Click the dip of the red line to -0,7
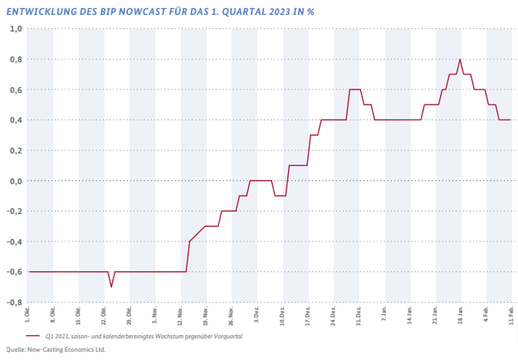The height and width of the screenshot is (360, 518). [x=111, y=287]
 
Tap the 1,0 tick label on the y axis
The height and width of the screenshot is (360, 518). [x=16, y=29]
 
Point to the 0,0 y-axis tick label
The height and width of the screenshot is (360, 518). [x=16, y=181]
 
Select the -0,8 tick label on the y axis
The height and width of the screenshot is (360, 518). [x=15, y=302]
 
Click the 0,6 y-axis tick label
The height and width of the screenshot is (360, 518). [x=16, y=90]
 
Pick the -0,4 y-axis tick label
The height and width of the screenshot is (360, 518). [x=15, y=241]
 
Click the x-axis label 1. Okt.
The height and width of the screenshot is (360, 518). [x=27, y=314]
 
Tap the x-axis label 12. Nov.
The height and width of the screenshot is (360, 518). [x=180, y=316]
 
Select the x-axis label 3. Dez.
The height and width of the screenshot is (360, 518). [x=257, y=315]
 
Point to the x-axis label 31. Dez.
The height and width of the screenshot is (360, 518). [x=359, y=316]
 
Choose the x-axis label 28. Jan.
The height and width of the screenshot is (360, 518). [x=461, y=315]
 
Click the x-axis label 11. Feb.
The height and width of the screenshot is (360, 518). [x=511, y=315]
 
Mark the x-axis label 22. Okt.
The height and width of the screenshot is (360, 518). [x=104, y=316]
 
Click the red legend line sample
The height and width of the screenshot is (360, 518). [x=32, y=336]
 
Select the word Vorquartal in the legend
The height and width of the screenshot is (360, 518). [x=228, y=336]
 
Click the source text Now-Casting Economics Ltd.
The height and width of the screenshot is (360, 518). [x=66, y=349]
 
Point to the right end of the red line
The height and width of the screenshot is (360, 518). [x=511, y=119]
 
